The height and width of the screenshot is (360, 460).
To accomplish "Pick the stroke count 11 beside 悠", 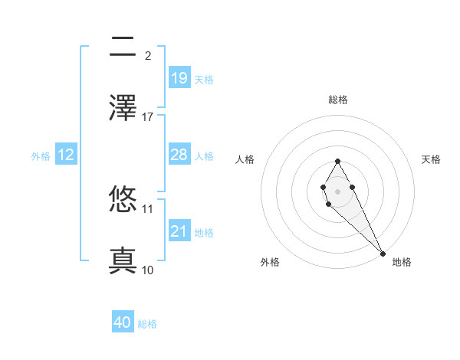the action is pyautogui.click(x=148, y=208).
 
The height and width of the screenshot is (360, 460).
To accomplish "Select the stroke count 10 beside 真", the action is pyautogui.click(x=148, y=270).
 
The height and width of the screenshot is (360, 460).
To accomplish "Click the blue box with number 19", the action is pyautogui.click(x=179, y=77).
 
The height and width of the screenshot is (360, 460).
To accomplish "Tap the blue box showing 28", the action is pyautogui.click(x=179, y=155).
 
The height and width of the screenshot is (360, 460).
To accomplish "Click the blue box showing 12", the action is pyautogui.click(x=66, y=155).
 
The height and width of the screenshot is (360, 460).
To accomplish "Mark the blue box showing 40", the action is pyautogui.click(x=123, y=322).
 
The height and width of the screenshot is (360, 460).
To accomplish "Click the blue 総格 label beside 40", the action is pyautogui.click(x=148, y=324).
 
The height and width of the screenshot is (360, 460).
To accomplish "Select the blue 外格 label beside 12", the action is pyautogui.click(x=41, y=156).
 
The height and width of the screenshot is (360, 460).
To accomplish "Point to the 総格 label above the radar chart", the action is pyautogui.click(x=338, y=100).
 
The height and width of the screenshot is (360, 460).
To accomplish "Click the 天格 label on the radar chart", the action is pyautogui.click(x=431, y=159).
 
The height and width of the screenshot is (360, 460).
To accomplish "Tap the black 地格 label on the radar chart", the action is pyautogui.click(x=402, y=262).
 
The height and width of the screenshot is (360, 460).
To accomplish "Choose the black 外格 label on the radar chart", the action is pyautogui.click(x=270, y=262).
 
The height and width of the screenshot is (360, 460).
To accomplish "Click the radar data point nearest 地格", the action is pyautogui.click(x=383, y=254).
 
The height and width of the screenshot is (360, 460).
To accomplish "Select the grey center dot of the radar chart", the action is pyautogui.click(x=337, y=190).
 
